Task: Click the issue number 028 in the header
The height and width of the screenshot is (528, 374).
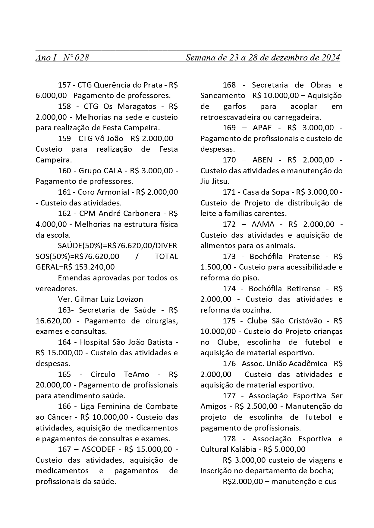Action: coord(82,57)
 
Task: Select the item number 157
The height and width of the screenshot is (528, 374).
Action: coord(64,85)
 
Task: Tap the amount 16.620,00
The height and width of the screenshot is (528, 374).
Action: coord(53,321)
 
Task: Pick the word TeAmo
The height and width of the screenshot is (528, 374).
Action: coord(137,374)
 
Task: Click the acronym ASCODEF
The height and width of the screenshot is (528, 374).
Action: coord(98,449)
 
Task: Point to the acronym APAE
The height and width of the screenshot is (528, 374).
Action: coord(262,128)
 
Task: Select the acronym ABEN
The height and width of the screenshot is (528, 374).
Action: coord(262,160)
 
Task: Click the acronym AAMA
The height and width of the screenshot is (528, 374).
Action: coord(262,224)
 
